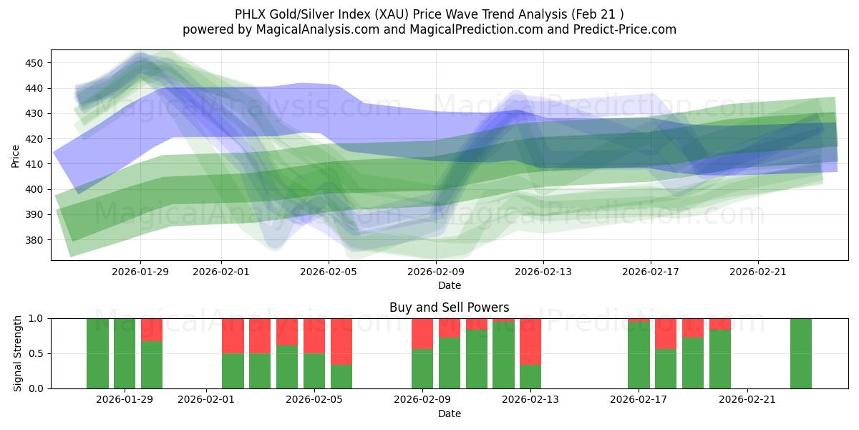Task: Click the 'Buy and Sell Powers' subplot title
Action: [449, 307]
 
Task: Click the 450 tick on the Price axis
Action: [34, 63]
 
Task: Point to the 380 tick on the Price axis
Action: [34, 240]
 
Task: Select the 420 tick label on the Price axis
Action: [34, 139]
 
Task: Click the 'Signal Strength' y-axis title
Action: [18, 353]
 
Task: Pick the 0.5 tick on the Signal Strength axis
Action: [36, 353]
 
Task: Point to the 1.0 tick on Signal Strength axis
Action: [36, 318]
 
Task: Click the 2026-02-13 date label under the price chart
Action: [543, 272]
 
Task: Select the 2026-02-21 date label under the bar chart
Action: [747, 399]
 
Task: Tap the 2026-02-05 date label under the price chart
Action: [329, 272]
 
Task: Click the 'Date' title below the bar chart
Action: [449, 414]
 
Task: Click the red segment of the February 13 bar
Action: [530, 341]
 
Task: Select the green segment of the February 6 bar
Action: [341, 376]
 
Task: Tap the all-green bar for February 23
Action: [801, 353]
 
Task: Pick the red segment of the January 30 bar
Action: [152, 329]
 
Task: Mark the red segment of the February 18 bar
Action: [666, 333]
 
